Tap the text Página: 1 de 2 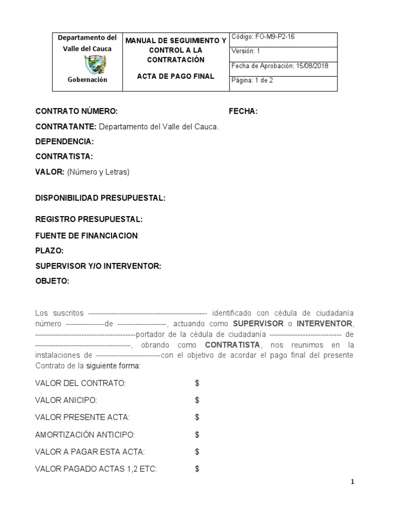pos(253,80)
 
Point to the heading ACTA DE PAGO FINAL pos(175,76)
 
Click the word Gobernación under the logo pos(87,80)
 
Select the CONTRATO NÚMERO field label pos(76,111)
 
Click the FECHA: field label pos(243,111)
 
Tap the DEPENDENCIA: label pos(64,141)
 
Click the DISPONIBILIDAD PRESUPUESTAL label pos(100,198)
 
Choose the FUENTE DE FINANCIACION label pos(86,235)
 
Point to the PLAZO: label pos(49,251)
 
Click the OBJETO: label pos(52,281)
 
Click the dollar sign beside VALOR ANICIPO pos(197,400)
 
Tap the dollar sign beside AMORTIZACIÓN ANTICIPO pos(197,435)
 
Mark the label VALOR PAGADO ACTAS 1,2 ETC pos(96,469)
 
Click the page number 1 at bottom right pos(353,482)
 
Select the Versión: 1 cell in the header pos(246,51)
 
